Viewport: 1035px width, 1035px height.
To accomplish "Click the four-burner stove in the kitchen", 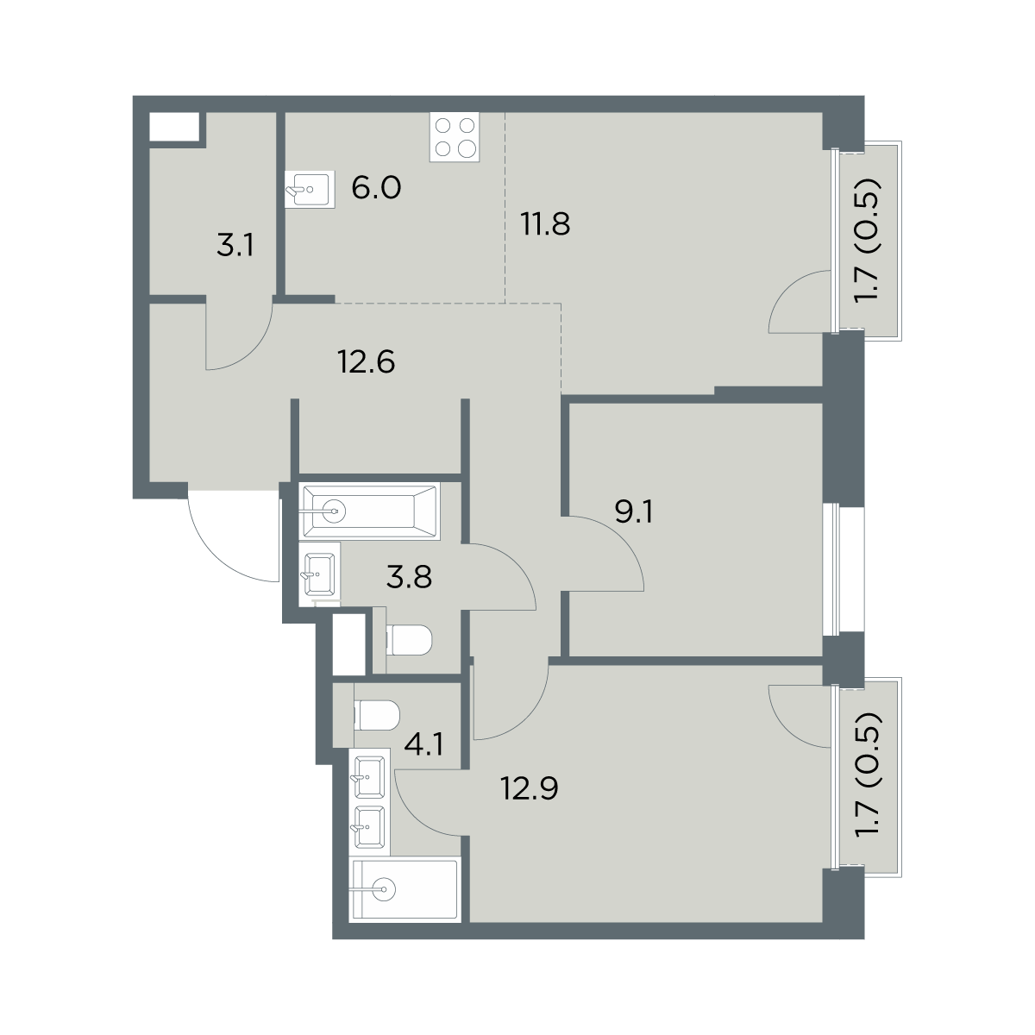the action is click(455, 137).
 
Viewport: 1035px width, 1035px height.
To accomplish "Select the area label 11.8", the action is click(545, 224).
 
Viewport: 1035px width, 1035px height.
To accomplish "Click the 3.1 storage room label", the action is click(235, 247).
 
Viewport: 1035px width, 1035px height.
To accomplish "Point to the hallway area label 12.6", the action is click(367, 361).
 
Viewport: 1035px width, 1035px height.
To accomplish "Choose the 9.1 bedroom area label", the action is click(633, 511).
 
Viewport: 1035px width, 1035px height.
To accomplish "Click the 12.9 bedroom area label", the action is click(530, 788).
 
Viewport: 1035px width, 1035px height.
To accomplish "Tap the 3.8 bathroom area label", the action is click(410, 578).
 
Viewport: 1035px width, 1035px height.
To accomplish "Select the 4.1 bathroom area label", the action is click(424, 746).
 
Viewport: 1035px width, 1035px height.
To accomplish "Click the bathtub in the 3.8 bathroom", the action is click(371, 511).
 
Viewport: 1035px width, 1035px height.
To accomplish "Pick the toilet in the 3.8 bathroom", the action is click(409, 640).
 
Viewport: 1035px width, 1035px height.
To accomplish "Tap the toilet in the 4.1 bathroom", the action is click(377, 715).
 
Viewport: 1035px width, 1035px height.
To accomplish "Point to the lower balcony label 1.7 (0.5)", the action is click(867, 775).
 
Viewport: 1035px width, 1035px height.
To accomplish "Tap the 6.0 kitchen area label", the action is click(376, 188).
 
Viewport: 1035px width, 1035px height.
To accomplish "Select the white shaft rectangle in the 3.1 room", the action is click(174, 127).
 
